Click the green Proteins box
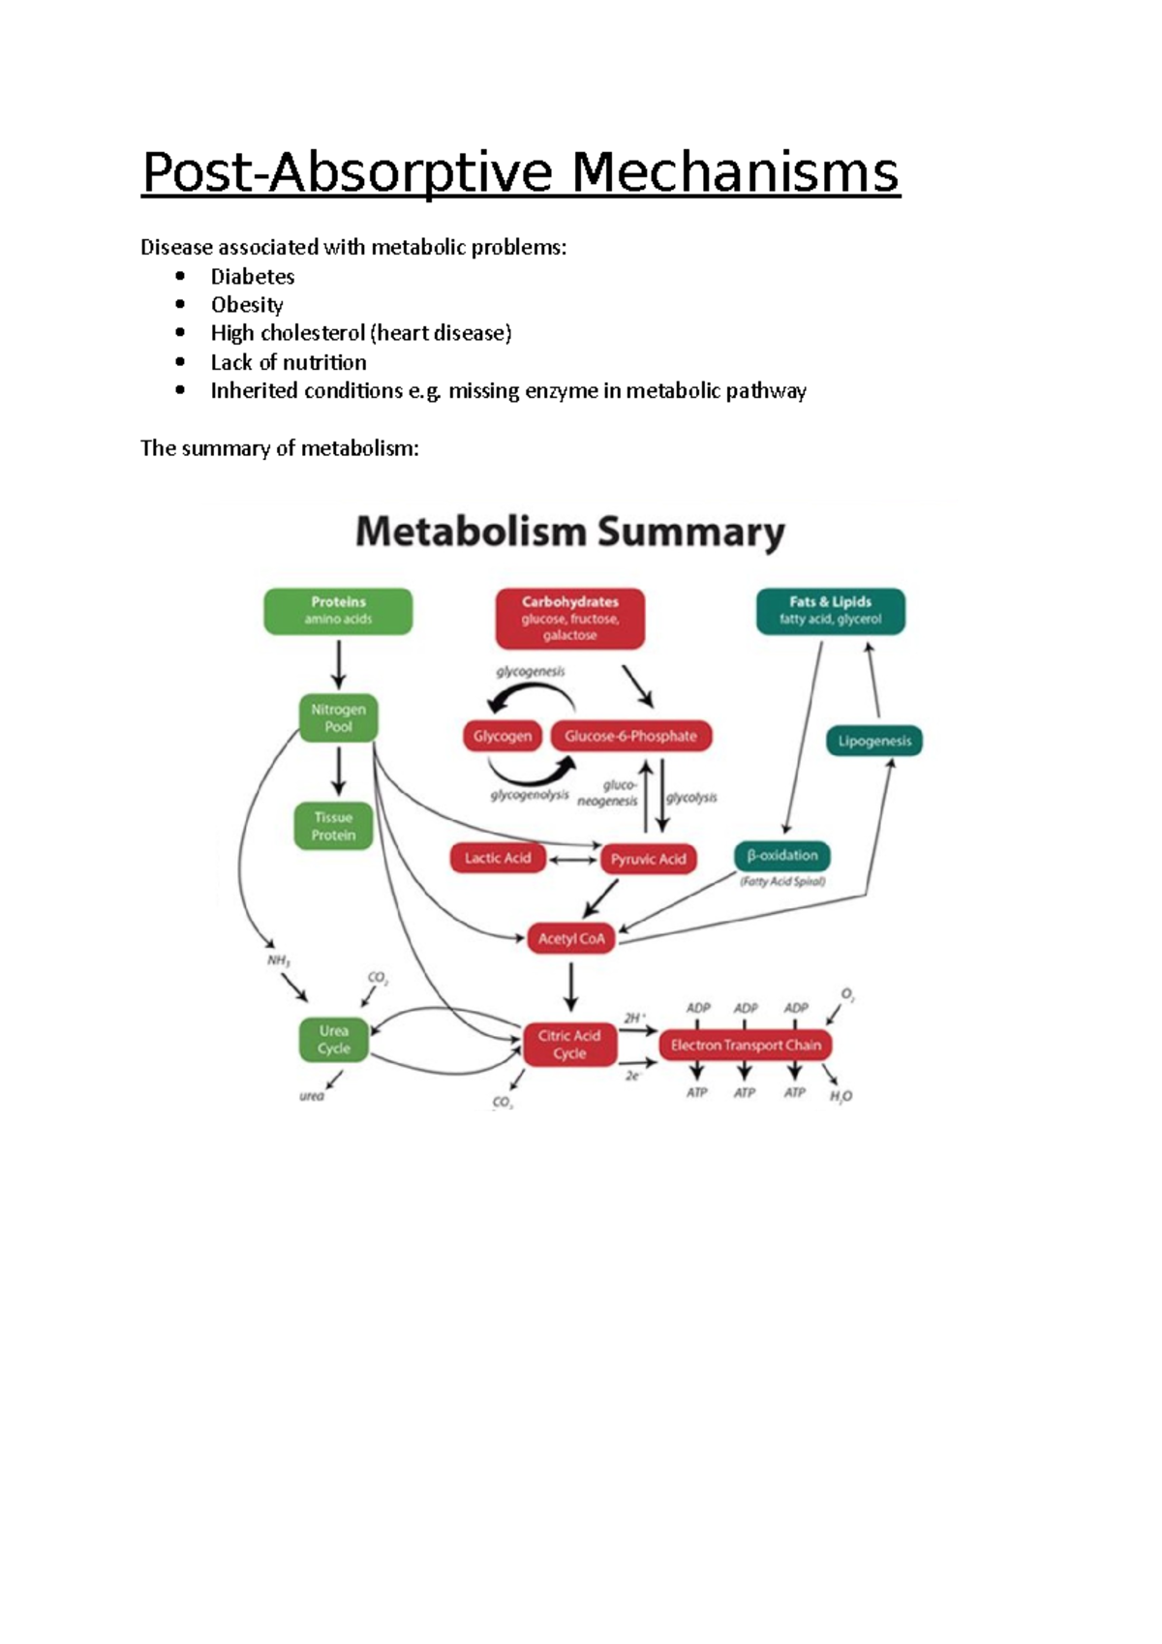click(x=338, y=611)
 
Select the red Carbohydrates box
click(x=569, y=618)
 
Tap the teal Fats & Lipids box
click(x=830, y=611)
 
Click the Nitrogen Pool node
click(x=338, y=717)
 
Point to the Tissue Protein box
click(x=333, y=826)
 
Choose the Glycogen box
click(x=502, y=736)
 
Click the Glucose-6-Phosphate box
click(x=630, y=736)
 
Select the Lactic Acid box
click(x=497, y=858)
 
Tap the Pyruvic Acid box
click(x=648, y=859)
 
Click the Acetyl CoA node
click(x=570, y=938)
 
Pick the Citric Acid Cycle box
click(x=569, y=1044)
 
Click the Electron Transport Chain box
click(x=746, y=1045)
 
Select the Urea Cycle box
click(x=333, y=1040)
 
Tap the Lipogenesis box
click(x=874, y=741)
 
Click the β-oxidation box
click(x=782, y=856)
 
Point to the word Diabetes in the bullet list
click(x=253, y=277)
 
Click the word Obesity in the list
click(x=247, y=305)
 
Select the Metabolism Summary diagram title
click(x=569, y=533)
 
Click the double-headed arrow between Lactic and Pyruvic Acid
click(x=572, y=859)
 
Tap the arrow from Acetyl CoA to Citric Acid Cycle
click(x=570, y=987)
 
